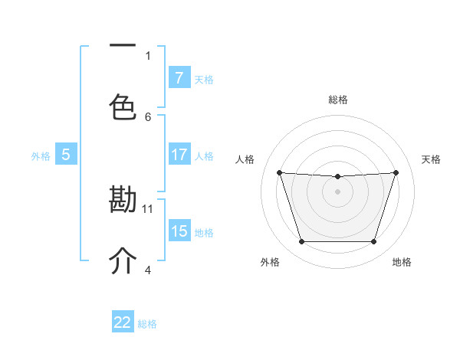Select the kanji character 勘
[123, 200]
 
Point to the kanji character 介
[123, 261]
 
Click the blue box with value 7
[179, 78]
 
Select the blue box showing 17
[179, 155]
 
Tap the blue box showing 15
[179, 231]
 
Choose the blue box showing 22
[123, 322]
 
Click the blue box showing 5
[66, 155]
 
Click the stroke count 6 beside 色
[148, 116]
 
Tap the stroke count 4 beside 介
[148, 270]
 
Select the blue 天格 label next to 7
[204, 79]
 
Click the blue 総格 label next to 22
[147, 324]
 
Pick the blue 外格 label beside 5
[41, 156]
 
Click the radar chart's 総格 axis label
[337, 100]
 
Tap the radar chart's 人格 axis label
[245, 159]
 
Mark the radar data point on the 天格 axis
[396, 172]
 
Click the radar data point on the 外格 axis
[301, 242]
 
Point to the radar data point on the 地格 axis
[373, 242]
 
